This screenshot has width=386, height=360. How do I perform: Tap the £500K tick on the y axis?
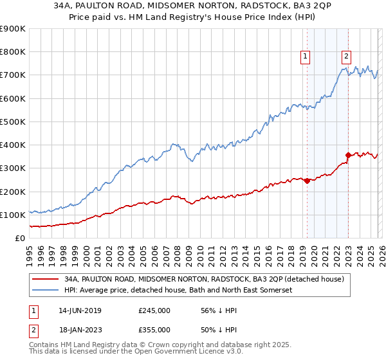pyautogui.click(x=13, y=122)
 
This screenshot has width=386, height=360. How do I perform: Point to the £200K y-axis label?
pyautogui.click(x=13, y=192)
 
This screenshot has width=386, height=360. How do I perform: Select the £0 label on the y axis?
pyautogui.click(x=20, y=238)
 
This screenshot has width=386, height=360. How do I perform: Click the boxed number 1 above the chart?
pyautogui.click(x=305, y=57)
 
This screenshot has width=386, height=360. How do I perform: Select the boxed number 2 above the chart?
pyautogui.click(x=346, y=57)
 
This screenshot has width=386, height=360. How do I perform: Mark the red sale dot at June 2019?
pyautogui.click(x=307, y=181)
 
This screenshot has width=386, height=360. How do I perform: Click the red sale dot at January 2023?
pyautogui.click(x=348, y=155)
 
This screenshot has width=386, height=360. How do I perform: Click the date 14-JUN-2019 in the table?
pyautogui.click(x=80, y=310)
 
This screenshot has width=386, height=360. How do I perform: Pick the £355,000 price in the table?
pyautogui.click(x=154, y=329)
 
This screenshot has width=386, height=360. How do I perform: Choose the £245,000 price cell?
pyautogui.click(x=154, y=310)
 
